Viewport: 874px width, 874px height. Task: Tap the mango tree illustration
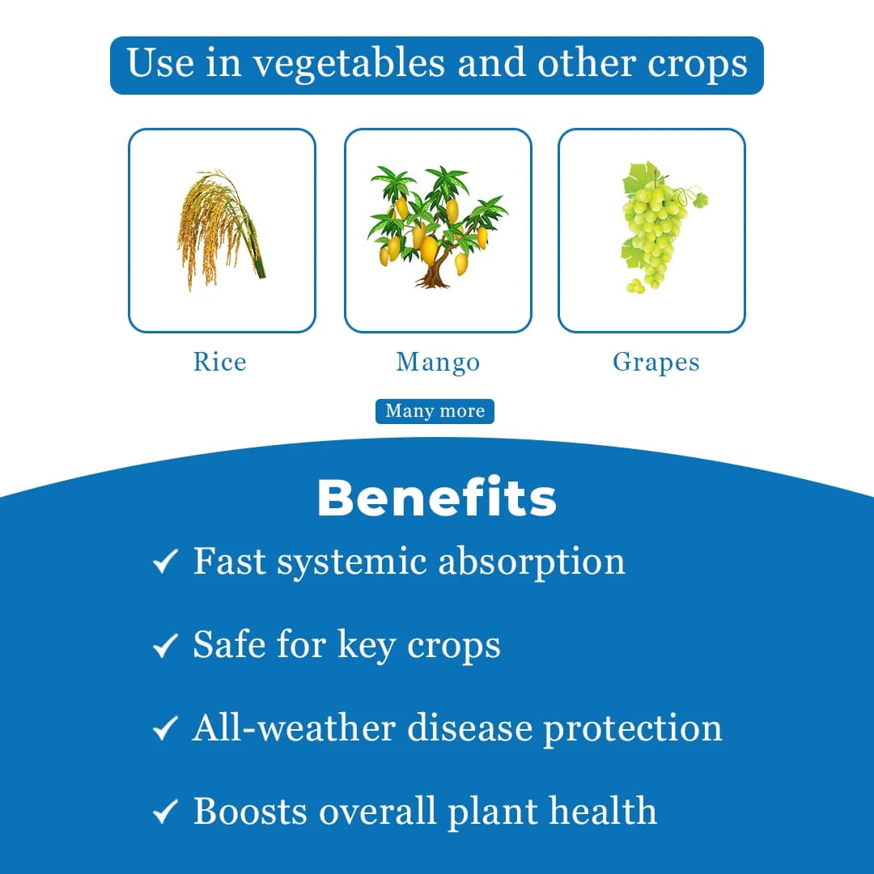(437, 227)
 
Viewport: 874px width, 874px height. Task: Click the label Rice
(219, 361)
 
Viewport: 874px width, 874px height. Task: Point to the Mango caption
(437, 362)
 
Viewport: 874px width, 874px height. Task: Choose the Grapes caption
(655, 362)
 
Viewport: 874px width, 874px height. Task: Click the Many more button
(435, 411)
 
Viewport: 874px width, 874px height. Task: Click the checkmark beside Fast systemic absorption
(165, 562)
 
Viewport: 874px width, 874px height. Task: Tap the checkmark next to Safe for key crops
(165, 646)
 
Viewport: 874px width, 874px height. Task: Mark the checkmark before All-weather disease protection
(165, 729)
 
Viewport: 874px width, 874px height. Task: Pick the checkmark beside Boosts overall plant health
(165, 812)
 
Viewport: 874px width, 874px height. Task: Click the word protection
(632, 729)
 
